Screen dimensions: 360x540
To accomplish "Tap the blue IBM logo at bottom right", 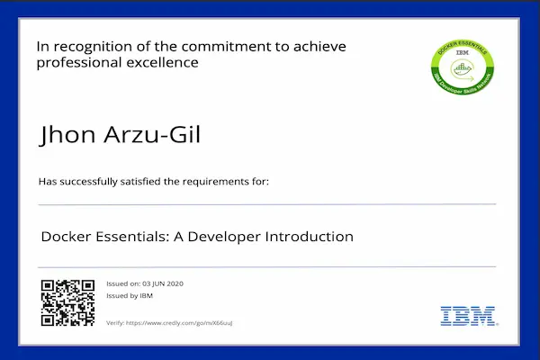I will tap(466, 316).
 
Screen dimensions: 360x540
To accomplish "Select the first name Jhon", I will tap(66, 136).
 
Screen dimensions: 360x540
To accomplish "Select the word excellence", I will tap(161, 63).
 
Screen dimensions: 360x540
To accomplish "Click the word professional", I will tap(80, 63).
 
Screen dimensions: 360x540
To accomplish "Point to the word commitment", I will tap(227, 46).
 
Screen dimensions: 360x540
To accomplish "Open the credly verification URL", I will tap(182, 322).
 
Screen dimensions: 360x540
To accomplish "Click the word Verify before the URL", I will tap(115, 322).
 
